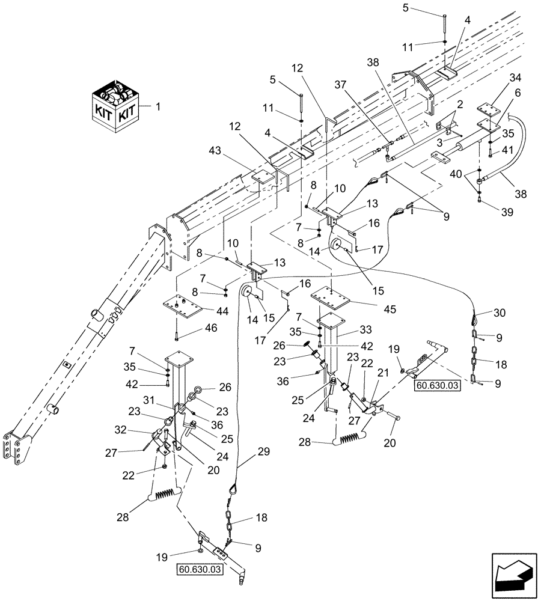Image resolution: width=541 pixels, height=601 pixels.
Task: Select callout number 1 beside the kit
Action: [x=158, y=106]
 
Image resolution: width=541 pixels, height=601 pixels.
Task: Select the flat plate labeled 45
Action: [x=331, y=297]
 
